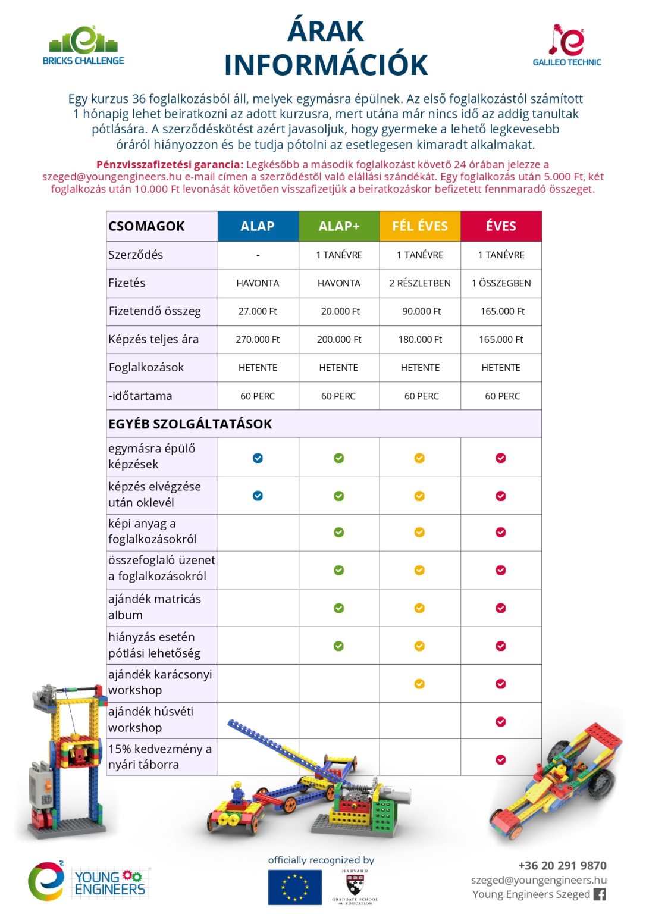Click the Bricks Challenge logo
(x=83, y=46)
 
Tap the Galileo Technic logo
(x=566, y=45)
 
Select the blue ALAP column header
(x=258, y=226)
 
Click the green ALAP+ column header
(x=339, y=226)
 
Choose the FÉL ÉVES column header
(x=420, y=226)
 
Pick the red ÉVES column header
(x=501, y=226)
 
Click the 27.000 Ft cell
(x=258, y=311)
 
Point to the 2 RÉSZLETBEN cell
(x=420, y=283)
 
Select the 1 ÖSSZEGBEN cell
(x=501, y=283)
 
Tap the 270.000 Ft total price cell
(x=258, y=339)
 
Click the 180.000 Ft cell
(x=420, y=339)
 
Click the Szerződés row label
(x=136, y=255)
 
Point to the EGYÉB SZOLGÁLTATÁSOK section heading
(x=190, y=424)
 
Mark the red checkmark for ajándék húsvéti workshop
(x=501, y=722)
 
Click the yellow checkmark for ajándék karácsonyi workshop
(x=419, y=684)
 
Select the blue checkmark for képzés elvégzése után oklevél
(x=258, y=496)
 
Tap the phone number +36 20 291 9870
(x=562, y=865)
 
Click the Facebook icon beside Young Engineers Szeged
(x=600, y=894)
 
